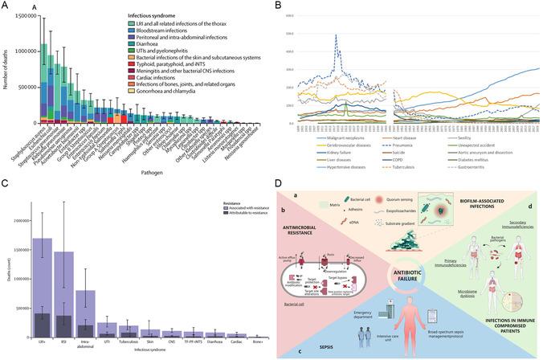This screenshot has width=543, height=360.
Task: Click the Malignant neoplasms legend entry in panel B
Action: pos(329,138)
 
